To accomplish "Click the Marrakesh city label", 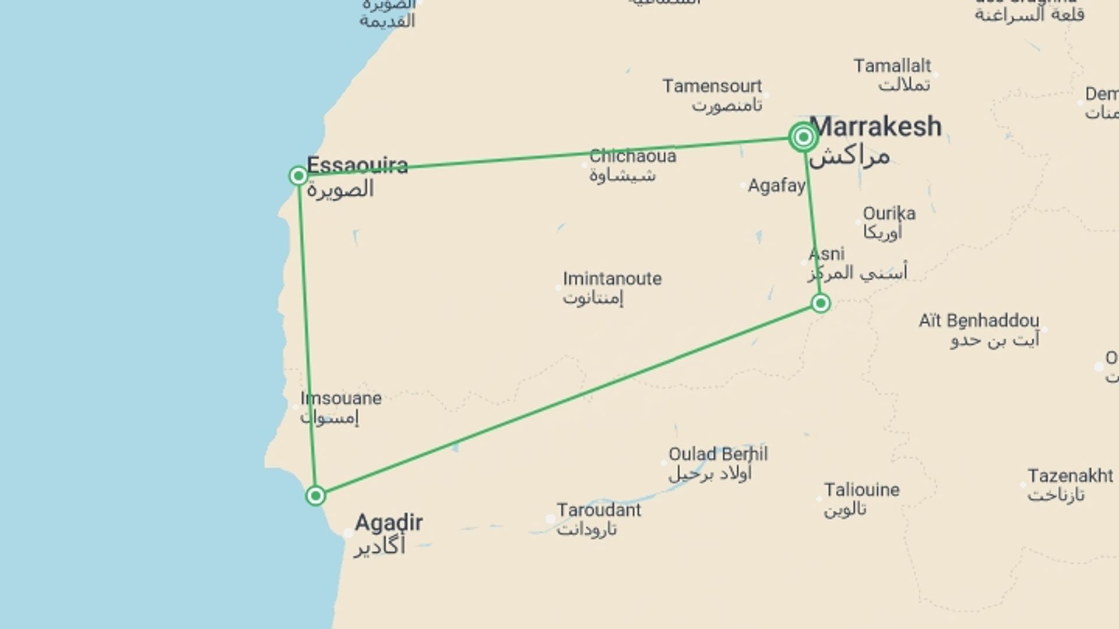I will coord(875,127).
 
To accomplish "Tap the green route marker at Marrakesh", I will coord(803,137).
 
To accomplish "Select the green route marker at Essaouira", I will coord(298,175).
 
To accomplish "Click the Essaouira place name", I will coord(357,165).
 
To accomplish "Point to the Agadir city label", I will coord(389,522).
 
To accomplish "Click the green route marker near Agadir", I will coord(315,496).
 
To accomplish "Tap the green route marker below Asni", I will coord(821,303).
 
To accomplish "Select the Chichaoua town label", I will coord(632,156).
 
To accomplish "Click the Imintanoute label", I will coord(612,279).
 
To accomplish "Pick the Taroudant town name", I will coord(599,510).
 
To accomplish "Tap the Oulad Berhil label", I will coord(718,454).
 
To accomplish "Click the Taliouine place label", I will coord(861,490).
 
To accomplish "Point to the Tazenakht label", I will coord(1070,476).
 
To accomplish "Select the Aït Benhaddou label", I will coord(979,321).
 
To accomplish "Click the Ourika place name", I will coord(889,214).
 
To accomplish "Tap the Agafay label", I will coord(776,186).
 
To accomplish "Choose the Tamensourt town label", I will coord(712,86).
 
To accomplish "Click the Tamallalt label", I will coord(892,66).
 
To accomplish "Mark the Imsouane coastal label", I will coord(341,398).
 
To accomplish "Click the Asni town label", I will coord(826,254).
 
